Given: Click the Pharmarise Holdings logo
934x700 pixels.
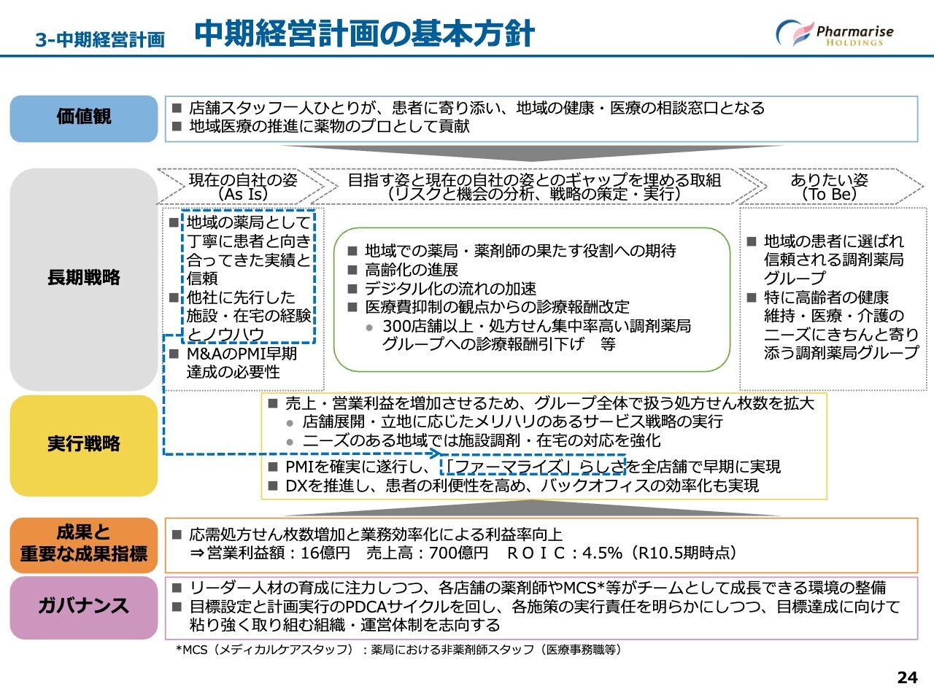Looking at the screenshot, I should (x=834, y=34).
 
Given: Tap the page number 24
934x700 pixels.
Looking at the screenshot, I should (x=906, y=677).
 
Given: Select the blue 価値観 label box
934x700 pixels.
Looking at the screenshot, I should (x=84, y=118).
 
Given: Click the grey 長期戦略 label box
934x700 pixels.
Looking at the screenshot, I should (x=84, y=279).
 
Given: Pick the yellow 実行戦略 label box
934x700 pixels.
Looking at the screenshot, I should (x=84, y=445).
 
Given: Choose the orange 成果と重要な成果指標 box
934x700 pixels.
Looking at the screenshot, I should (x=84, y=544).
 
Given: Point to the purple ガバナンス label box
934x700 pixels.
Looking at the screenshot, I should (x=84, y=607).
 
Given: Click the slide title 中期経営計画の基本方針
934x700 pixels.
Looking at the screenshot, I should (x=365, y=34).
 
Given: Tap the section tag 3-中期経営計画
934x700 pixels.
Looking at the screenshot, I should (x=100, y=39).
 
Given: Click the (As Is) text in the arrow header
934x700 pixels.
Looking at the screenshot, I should (x=243, y=195).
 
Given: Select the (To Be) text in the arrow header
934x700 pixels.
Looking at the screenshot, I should (x=829, y=195).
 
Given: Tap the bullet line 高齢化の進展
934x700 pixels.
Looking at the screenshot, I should (x=412, y=270).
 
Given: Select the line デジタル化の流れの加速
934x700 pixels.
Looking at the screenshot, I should (x=450, y=289).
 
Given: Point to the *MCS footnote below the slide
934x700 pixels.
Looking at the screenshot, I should (x=398, y=650).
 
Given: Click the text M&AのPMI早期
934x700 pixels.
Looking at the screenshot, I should (x=242, y=354).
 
